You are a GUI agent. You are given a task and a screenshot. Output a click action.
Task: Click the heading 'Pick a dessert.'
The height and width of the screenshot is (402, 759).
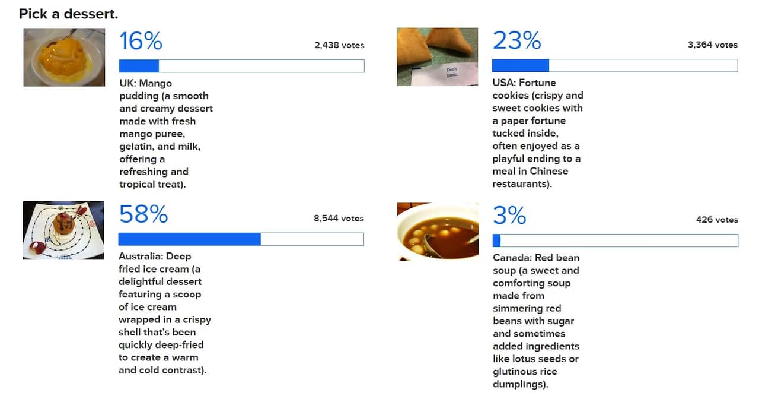tap(68, 14)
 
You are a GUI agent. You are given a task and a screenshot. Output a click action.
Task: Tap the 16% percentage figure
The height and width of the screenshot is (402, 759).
tap(141, 42)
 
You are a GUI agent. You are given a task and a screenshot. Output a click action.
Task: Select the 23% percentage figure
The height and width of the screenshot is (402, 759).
tap(516, 41)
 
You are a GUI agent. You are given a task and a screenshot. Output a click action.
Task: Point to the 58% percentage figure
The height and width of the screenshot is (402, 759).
tap(143, 214)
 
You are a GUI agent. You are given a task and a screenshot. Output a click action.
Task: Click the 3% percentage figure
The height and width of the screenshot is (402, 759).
tap(509, 216)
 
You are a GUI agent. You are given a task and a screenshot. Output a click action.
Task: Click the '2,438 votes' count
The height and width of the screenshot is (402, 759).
tap(339, 45)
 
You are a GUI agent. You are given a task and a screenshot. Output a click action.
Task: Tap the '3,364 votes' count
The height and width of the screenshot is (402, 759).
tap(713, 45)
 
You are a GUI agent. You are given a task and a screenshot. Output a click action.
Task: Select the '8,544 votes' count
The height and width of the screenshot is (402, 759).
tap(339, 219)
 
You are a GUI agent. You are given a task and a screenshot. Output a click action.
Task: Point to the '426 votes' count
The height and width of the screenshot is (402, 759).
tap(717, 220)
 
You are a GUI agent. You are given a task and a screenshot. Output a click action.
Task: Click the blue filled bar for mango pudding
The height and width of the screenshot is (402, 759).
tap(139, 66)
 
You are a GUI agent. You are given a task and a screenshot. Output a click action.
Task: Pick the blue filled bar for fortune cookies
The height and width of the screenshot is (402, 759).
tap(520, 65)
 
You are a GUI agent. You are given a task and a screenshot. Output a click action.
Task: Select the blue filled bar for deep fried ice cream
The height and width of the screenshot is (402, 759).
tap(189, 239)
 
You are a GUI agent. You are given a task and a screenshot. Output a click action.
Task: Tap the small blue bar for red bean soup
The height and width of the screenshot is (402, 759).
tap(496, 240)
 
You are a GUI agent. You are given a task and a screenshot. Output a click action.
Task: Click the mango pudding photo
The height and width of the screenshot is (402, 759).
tap(64, 57)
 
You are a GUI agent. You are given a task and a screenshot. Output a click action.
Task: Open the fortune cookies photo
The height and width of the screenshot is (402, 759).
tap(437, 56)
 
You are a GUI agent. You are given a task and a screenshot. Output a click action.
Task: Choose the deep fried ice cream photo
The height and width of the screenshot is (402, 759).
tap(63, 230)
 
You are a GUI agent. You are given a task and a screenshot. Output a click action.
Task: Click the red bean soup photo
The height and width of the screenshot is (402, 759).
tap(438, 232)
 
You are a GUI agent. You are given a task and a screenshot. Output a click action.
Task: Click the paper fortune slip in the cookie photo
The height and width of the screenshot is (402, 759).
tap(454, 74)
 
